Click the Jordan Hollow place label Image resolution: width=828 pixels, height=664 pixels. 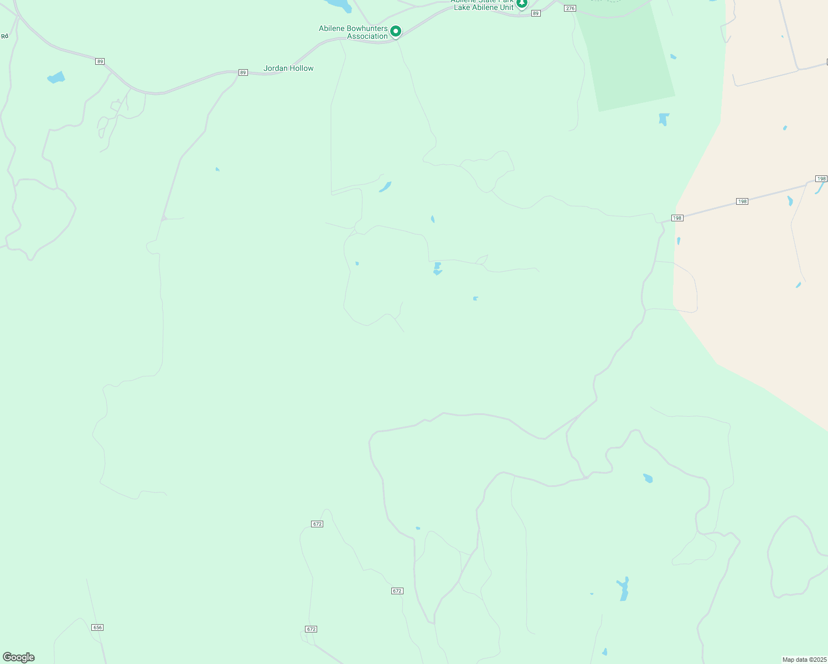coord(288,69)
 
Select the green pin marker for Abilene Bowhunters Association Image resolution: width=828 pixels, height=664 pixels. coord(396,32)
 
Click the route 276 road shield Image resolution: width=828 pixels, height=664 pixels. coord(571,8)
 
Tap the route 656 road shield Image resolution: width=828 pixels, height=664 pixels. coord(97,627)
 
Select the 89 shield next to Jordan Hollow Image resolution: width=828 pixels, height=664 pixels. coord(243,72)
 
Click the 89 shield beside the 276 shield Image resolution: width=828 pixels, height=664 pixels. coord(535,13)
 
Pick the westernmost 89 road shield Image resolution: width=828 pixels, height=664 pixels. coord(100,61)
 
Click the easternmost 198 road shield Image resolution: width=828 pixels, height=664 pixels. coord(821,179)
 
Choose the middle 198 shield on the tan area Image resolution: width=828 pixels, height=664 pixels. coord(742,201)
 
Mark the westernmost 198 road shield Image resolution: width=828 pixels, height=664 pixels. coord(677,218)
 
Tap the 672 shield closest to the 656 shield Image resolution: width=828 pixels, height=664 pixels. coord(311,629)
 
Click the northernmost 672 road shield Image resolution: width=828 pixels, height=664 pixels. coord(317,524)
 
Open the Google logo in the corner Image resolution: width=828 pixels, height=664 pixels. coord(19,657)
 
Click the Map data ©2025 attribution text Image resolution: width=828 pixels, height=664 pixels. coord(804,660)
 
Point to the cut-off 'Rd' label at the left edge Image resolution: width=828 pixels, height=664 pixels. coord(4,36)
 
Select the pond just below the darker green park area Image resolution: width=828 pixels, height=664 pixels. coord(664,119)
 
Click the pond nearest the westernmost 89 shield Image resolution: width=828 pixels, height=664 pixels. coord(56,77)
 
